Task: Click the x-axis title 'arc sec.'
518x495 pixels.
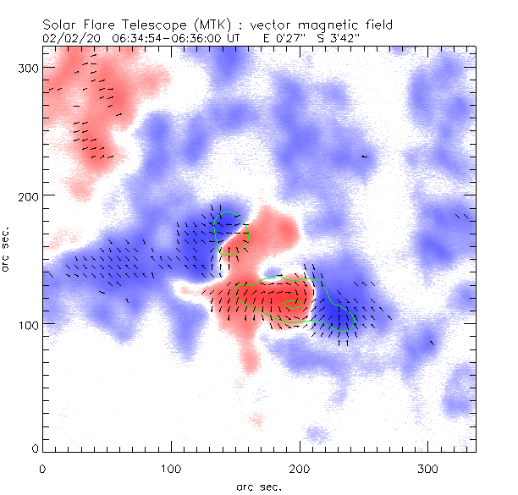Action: point(259,487)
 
